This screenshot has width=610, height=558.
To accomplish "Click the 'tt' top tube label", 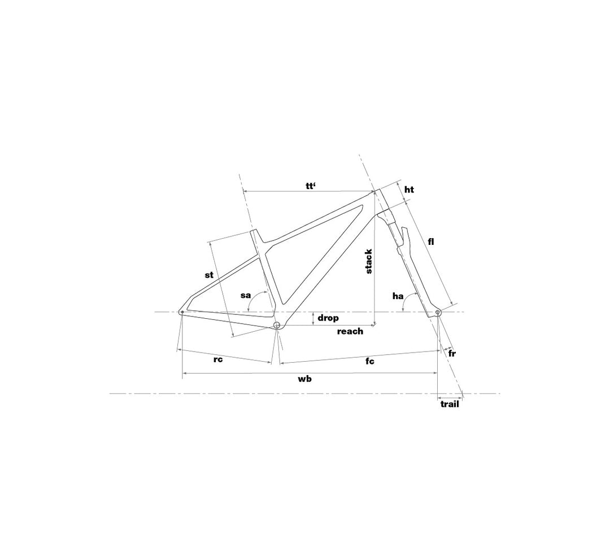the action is pos(311,186).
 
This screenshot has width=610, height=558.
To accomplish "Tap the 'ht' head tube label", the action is pos(409,190).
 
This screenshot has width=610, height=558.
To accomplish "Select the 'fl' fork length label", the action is pos(430,241).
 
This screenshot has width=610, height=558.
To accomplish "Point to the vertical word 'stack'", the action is pos(369,262).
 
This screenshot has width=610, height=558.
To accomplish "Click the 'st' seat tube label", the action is pos(209,275).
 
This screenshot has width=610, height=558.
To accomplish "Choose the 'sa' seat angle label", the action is pos(245,295).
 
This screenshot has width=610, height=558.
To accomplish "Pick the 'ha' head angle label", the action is pos(398,296).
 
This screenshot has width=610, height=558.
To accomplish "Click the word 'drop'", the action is pos(328,318).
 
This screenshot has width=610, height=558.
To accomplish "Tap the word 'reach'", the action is pos(350,331).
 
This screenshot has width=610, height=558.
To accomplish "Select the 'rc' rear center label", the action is pos(218,359).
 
